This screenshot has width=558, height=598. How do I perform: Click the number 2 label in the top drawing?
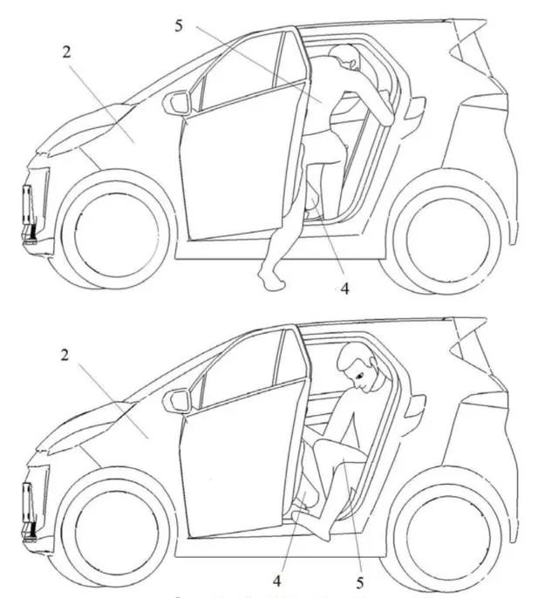65,51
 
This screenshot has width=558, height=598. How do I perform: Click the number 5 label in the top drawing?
178,25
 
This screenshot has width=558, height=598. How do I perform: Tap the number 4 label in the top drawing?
344,289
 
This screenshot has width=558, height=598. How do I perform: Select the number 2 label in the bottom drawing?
65,355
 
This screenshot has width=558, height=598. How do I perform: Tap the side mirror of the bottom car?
180,401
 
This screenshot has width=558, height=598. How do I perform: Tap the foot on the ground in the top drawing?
272,280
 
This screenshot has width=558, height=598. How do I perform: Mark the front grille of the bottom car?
34,503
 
